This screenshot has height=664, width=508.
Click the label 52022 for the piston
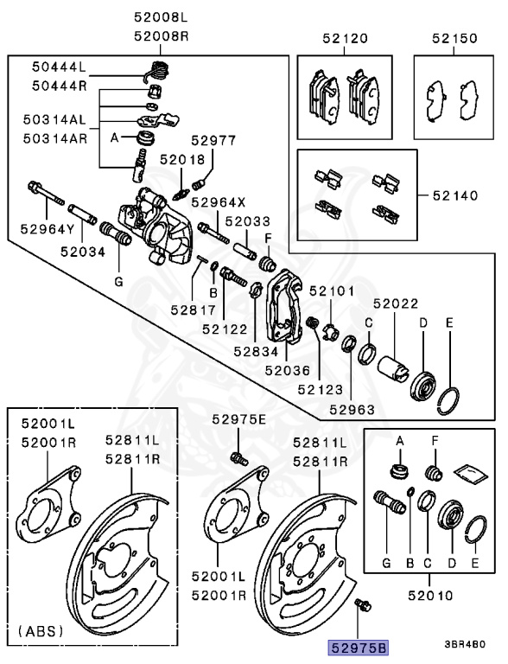pyautogui.click(x=396, y=303)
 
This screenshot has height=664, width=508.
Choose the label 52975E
pyautogui.click(x=239, y=419)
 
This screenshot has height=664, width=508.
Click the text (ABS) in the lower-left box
pyautogui.click(x=41, y=630)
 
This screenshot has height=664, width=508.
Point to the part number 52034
pyautogui.click(x=82, y=252)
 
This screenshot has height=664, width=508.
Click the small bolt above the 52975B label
pyautogui.click(x=362, y=606)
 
